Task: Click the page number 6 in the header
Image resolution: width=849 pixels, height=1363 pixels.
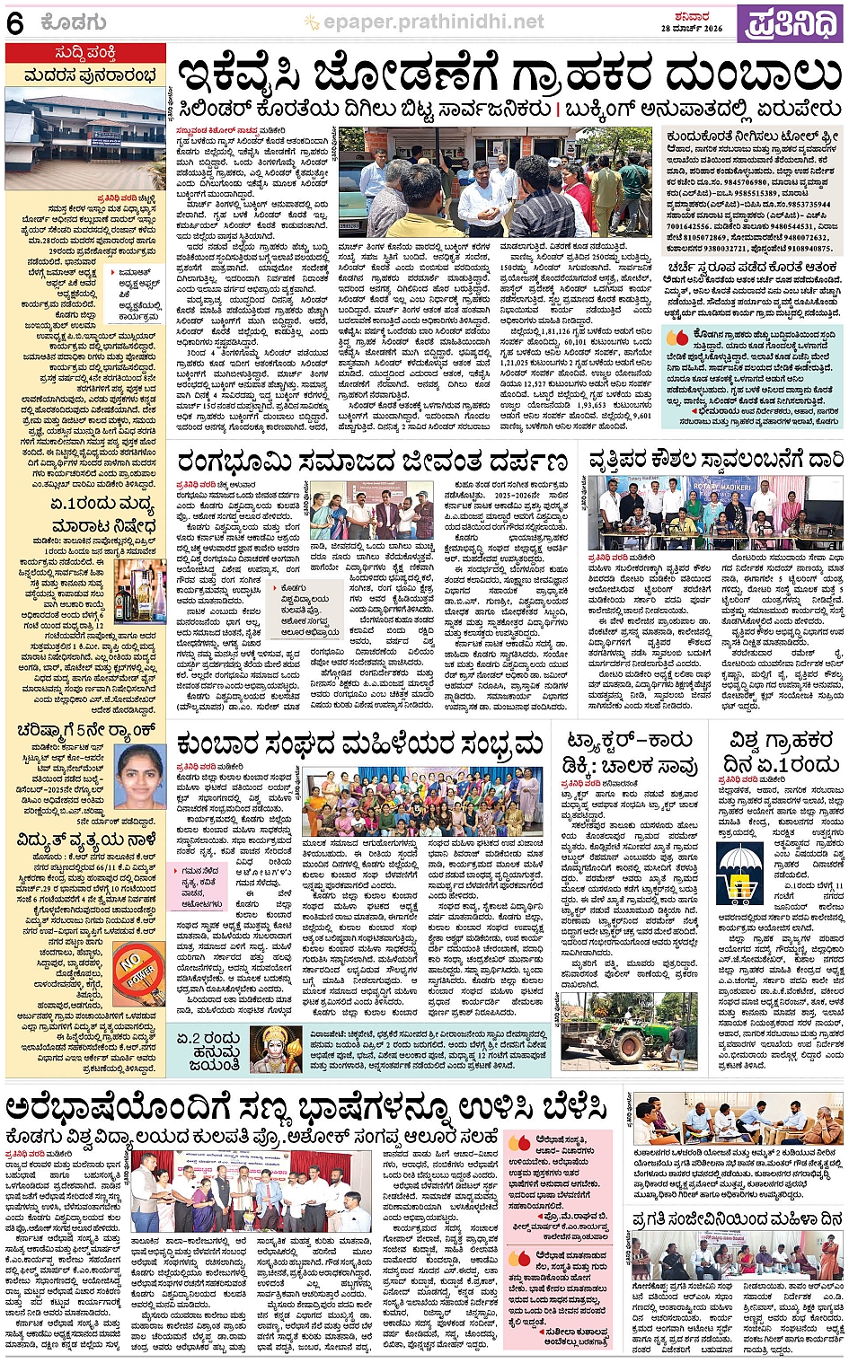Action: (15, 22)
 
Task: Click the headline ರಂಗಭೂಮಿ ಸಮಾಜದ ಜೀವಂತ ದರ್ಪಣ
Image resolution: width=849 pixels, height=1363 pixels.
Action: (372, 462)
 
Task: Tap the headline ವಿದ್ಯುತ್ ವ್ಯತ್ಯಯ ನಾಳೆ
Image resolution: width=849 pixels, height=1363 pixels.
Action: (86, 840)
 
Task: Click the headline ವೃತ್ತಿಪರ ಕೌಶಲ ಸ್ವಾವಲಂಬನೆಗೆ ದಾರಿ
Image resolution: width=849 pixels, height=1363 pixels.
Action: (716, 461)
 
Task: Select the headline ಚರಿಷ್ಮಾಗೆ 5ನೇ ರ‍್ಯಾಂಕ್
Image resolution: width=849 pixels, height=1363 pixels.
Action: (86, 729)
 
